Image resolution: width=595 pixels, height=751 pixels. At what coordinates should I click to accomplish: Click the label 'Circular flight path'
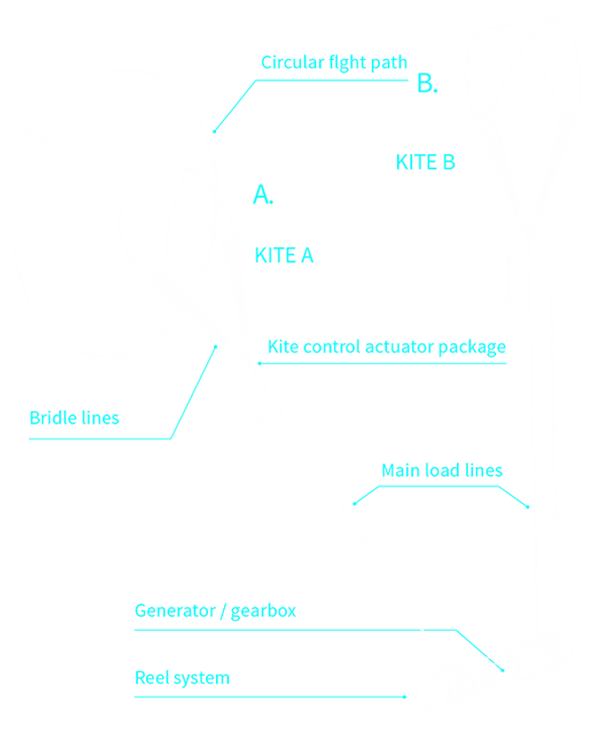[333, 63]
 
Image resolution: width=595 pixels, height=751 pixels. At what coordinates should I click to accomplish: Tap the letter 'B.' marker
[427, 85]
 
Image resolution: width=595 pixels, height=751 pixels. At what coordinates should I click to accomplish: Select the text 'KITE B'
[425, 162]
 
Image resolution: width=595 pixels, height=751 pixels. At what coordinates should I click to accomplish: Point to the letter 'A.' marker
[263, 194]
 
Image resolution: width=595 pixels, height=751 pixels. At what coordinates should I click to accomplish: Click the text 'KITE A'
[284, 255]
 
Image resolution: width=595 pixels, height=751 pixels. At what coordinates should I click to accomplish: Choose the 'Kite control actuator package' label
[387, 347]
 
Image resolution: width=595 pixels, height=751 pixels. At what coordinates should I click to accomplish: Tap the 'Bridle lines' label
[73, 418]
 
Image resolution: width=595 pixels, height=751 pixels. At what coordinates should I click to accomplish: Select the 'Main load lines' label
[442, 470]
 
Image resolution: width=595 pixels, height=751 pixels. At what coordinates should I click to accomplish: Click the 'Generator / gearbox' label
[215, 612]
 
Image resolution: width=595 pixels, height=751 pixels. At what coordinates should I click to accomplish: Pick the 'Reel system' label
[182, 678]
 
